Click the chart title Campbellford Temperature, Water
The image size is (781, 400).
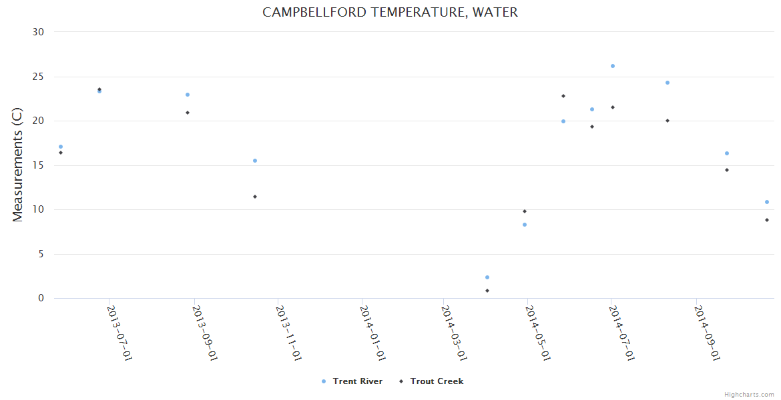(390, 12)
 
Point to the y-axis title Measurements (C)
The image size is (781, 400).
(18, 165)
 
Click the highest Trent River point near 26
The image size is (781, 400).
(612, 66)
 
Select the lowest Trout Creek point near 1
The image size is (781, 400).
(487, 291)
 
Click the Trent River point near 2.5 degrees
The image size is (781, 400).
(487, 277)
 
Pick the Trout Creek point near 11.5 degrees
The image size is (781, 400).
(255, 197)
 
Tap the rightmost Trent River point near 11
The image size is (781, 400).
(767, 202)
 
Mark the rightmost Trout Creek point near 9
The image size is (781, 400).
(767, 220)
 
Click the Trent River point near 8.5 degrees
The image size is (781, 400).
(525, 225)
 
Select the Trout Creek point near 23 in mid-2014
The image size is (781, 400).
(563, 96)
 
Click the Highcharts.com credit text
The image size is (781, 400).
(749, 395)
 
